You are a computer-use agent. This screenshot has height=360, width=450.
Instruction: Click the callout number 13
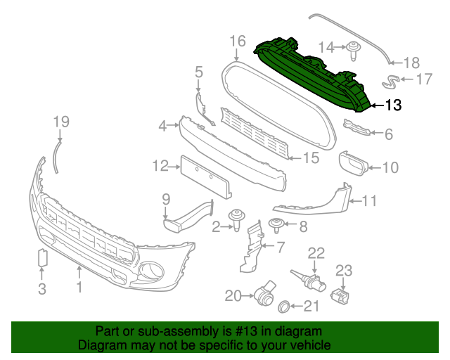point(394,105)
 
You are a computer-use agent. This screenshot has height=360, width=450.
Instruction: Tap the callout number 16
point(236,41)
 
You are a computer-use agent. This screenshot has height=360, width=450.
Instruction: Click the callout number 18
point(410,63)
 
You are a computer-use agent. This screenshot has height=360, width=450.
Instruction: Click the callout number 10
point(390,167)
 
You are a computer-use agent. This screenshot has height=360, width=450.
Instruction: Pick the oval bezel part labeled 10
point(354,164)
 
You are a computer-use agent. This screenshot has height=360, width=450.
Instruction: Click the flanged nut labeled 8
point(278,226)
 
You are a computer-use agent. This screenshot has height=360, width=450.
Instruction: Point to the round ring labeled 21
point(285,306)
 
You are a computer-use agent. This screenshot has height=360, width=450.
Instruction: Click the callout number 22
point(316,252)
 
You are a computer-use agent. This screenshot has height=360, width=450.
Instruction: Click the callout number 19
point(61,122)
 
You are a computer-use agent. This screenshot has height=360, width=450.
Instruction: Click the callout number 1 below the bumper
point(79,288)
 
